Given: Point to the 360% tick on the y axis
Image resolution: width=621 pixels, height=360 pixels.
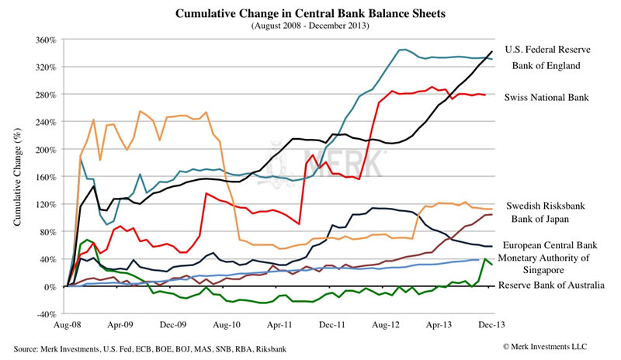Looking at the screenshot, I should pyautogui.click(x=47, y=40).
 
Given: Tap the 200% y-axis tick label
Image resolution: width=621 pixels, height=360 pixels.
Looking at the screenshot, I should pyautogui.click(x=47, y=150).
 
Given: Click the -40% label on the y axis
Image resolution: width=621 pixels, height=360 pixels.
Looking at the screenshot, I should pyautogui.click(x=47, y=314).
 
